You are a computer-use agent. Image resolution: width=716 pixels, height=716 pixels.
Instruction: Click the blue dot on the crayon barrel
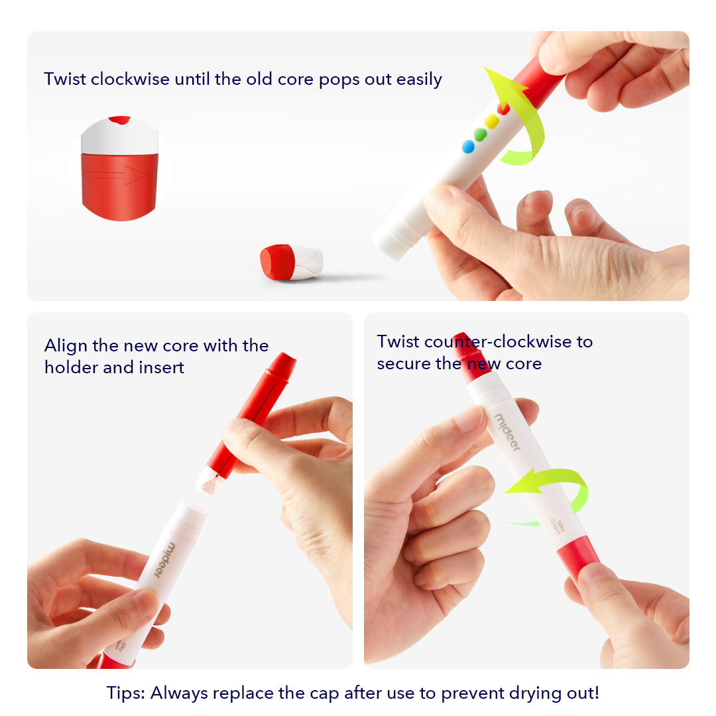pos(468,147)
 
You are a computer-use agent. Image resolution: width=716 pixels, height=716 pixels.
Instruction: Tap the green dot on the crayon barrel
pos(480,134)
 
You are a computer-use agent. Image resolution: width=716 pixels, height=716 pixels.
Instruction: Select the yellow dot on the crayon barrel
pos(491,121)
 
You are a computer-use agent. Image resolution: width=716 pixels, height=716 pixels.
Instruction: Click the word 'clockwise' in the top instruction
pos(130,80)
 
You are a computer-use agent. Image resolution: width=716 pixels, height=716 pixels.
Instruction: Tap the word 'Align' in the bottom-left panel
pos(65,346)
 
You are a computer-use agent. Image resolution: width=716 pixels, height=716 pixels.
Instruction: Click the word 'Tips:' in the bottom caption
pos(126,693)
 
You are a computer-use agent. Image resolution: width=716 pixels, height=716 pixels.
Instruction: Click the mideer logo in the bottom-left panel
pos(164,560)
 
